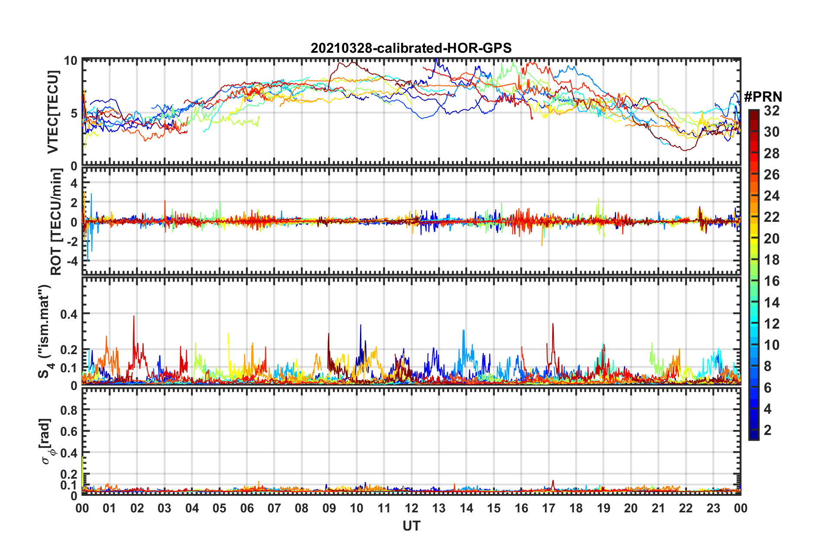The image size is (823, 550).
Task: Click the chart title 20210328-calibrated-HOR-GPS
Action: click(x=411, y=48)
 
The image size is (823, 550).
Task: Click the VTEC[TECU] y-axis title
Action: click(x=53, y=112)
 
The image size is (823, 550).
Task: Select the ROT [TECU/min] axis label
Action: click(x=56, y=222)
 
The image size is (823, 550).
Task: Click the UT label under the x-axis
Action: click(x=411, y=526)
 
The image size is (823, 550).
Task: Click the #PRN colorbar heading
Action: click(x=763, y=96)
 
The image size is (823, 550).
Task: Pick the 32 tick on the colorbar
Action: click(x=772, y=111)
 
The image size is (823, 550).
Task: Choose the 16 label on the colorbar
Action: click(x=772, y=281)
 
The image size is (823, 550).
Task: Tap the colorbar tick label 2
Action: click(x=768, y=430)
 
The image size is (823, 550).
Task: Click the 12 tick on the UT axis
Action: click(x=411, y=508)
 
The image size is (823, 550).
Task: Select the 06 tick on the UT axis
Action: click(x=247, y=508)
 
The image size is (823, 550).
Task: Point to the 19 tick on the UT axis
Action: click(x=604, y=508)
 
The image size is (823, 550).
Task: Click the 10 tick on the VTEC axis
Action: click(x=71, y=61)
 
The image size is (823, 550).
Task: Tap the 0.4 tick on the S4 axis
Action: click(x=69, y=314)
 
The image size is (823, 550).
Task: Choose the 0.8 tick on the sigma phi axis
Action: click(x=69, y=410)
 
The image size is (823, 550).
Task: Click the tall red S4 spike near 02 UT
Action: click(x=134, y=317)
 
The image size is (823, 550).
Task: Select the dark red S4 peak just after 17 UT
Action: click(x=553, y=324)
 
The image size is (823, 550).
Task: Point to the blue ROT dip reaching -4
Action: click(x=88, y=259)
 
